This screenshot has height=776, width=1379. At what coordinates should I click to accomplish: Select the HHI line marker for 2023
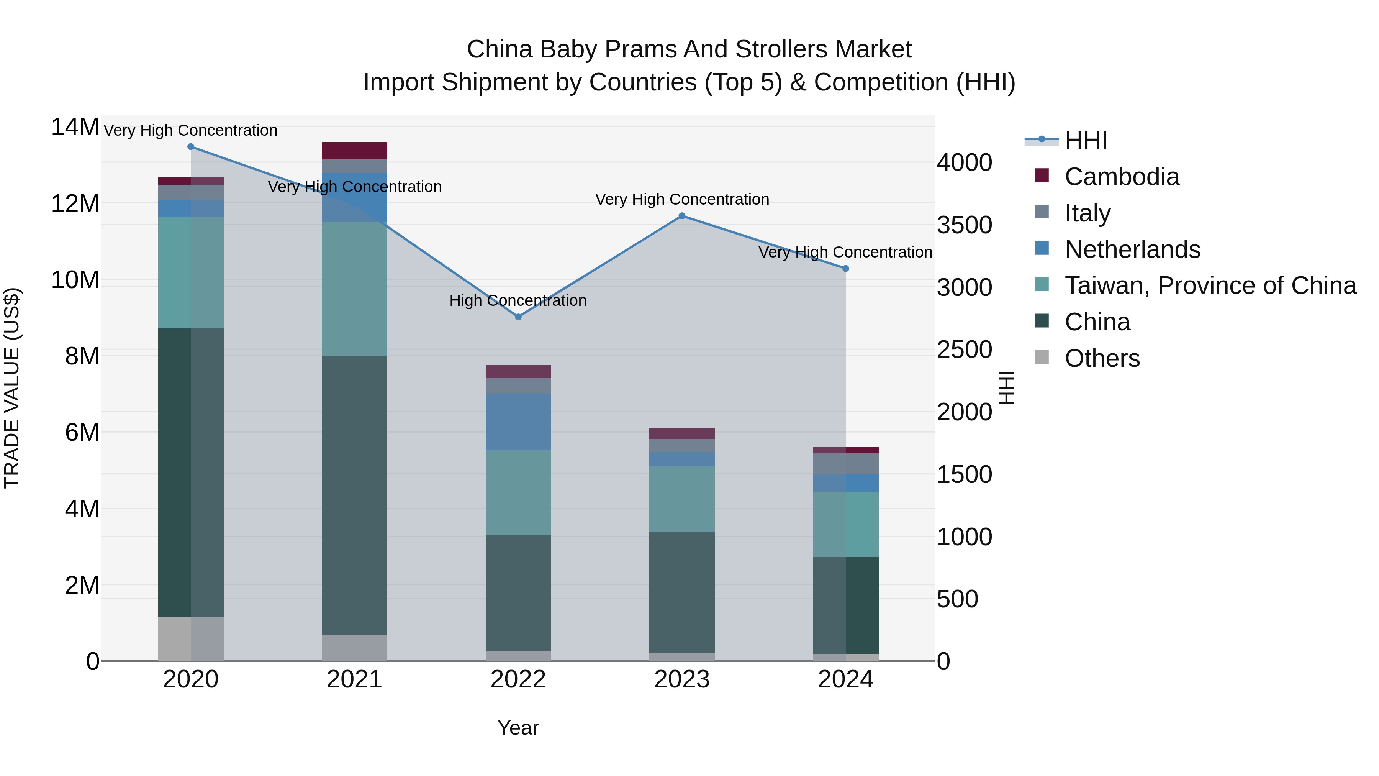point(681,216)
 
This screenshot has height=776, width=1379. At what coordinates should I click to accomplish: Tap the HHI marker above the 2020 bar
point(191,147)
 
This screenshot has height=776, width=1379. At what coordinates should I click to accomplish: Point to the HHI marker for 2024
point(845,268)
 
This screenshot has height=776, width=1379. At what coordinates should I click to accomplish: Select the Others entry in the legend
point(1102,358)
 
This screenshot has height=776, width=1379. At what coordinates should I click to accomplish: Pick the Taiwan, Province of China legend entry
point(1210,285)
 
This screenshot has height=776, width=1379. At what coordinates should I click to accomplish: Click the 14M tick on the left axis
point(75,128)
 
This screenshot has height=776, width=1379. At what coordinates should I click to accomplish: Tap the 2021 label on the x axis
point(354,679)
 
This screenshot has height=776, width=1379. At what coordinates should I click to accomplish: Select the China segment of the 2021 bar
point(354,495)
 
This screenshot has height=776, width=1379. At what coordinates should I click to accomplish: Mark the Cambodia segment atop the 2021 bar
point(354,151)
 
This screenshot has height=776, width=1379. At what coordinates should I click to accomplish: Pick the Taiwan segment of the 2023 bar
point(681,499)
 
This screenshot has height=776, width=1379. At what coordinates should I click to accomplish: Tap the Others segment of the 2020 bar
point(191,638)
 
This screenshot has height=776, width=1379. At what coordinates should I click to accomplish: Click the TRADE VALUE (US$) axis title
point(12,388)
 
